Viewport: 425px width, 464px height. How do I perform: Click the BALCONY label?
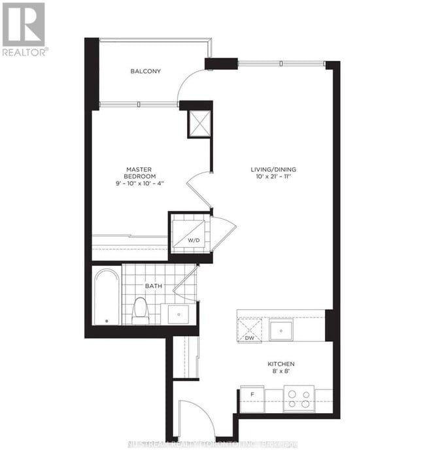145,71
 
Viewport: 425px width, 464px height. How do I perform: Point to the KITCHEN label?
281,363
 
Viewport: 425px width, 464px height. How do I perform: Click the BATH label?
154,286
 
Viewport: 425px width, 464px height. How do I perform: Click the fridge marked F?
252,394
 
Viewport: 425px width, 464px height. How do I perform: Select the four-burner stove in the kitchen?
298,398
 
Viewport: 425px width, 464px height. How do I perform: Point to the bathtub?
106,298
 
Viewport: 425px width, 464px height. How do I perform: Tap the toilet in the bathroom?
141,311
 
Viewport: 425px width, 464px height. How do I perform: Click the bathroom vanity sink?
177,314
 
